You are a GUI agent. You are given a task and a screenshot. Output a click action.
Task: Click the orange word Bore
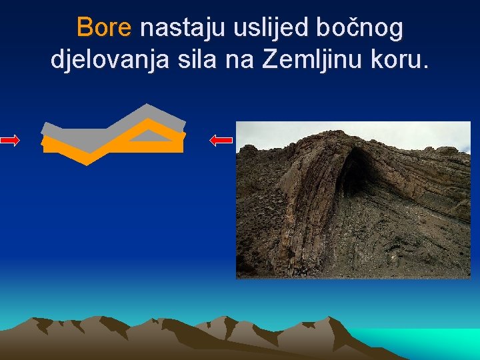[x=105, y=28]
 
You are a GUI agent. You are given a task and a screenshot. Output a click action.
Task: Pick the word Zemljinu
[x=307, y=60]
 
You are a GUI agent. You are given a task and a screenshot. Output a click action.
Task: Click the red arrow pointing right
[x=10, y=140]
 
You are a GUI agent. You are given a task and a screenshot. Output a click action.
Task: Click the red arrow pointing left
[x=221, y=140]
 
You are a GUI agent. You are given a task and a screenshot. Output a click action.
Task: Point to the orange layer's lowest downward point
[x=93, y=162]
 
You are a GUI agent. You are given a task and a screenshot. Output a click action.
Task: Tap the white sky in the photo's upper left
[x=267, y=133]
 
